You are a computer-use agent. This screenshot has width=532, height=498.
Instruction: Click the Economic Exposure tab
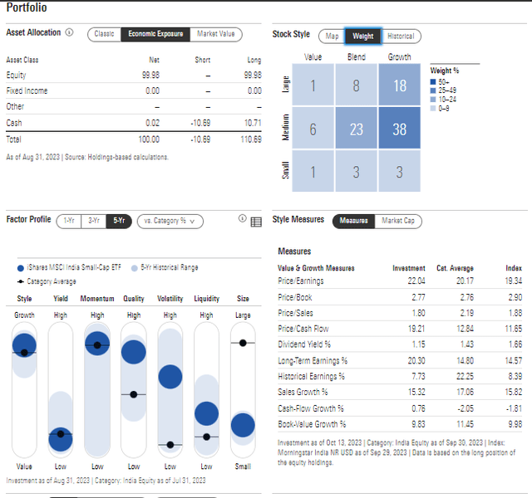pos(155,34)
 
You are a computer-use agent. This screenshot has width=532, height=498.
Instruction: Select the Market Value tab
pos(215,34)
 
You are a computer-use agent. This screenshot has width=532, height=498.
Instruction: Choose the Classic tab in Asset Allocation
pos(104,34)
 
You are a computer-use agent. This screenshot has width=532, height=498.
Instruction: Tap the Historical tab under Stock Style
pos(401,36)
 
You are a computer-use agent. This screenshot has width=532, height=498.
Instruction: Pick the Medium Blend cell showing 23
pos(357,130)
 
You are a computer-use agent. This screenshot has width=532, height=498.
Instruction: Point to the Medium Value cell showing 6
pos(313,130)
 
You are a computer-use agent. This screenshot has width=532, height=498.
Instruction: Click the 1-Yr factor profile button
pos(69,221)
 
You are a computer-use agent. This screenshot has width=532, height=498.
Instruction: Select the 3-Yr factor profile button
pos(93,221)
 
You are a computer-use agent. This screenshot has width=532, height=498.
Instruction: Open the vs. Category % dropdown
pos(170,221)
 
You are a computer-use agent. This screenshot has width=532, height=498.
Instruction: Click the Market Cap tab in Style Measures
pos(399,221)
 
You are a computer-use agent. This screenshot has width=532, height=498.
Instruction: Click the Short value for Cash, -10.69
pos(202,123)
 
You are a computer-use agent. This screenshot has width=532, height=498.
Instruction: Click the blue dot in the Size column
pos(243,425)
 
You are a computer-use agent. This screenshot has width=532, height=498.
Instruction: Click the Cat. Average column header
pos(455,268)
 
